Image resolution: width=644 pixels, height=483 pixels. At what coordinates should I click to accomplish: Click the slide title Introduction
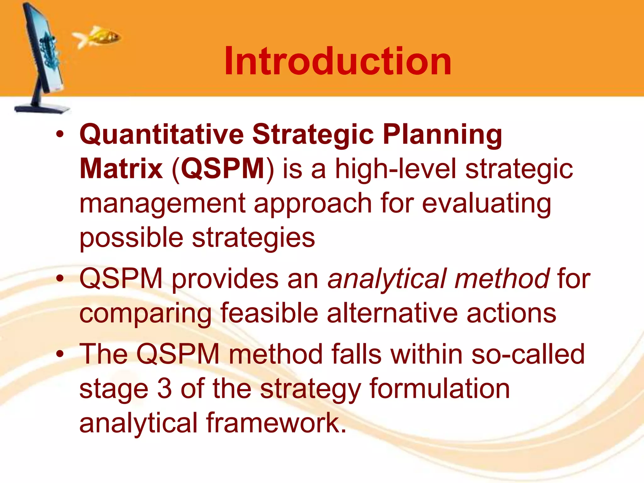338,61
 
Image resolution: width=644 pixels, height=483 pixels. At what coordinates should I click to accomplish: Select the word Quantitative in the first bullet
162,135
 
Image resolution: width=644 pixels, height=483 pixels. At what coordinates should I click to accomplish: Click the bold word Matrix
121,169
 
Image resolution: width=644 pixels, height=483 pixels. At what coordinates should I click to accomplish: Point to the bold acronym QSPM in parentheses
223,169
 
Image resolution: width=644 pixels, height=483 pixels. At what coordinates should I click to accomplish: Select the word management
162,204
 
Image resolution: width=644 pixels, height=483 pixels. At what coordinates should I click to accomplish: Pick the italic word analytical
387,279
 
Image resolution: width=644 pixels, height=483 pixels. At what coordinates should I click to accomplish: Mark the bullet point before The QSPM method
60,354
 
